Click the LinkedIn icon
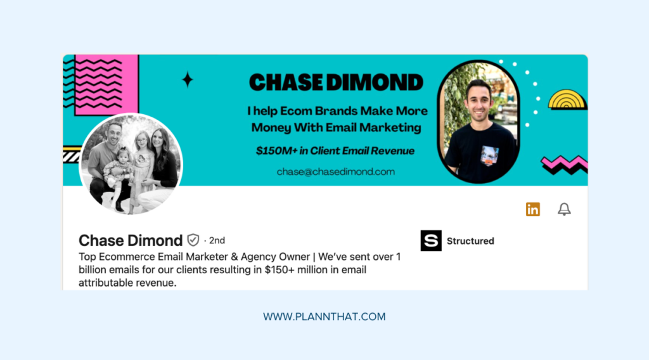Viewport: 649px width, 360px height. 533,209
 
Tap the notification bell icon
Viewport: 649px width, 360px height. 564,209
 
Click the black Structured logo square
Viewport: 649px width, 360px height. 431,241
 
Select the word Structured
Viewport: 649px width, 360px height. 470,241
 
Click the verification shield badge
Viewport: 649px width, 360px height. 193,240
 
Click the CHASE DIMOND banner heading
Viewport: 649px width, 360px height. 336,82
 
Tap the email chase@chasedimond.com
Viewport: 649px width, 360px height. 336,171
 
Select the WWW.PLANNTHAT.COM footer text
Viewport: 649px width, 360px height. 324,316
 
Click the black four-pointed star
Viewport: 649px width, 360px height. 187,80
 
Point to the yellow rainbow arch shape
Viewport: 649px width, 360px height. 563,100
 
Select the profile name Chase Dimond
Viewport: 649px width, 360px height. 131,241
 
